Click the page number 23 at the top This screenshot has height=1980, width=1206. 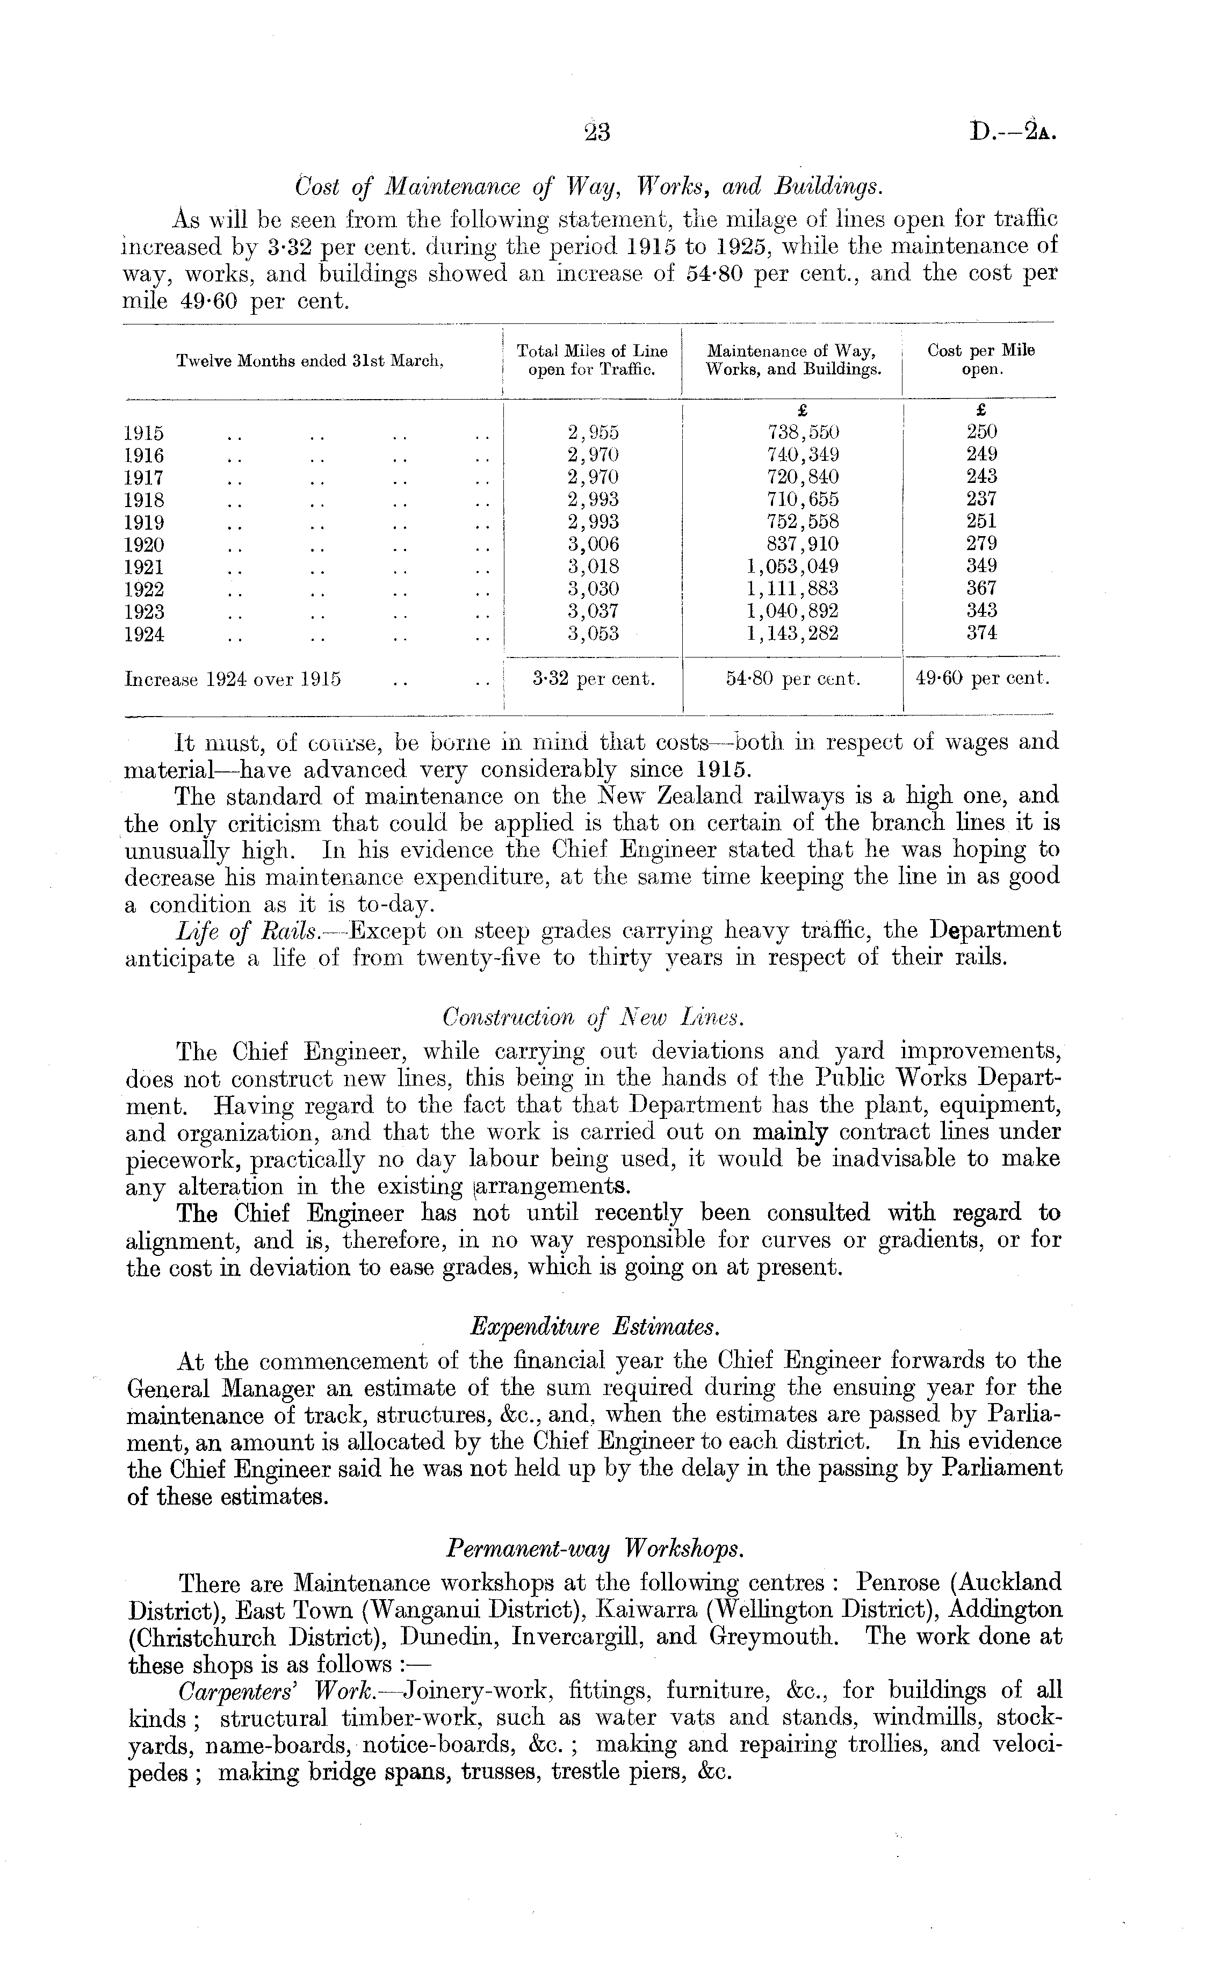pos(597,132)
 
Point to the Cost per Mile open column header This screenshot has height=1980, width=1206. pos(981,360)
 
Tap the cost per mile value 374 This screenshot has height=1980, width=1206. pos(981,633)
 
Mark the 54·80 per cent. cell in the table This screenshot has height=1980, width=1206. pos(793,679)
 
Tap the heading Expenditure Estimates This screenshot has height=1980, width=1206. pos(594,1326)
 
